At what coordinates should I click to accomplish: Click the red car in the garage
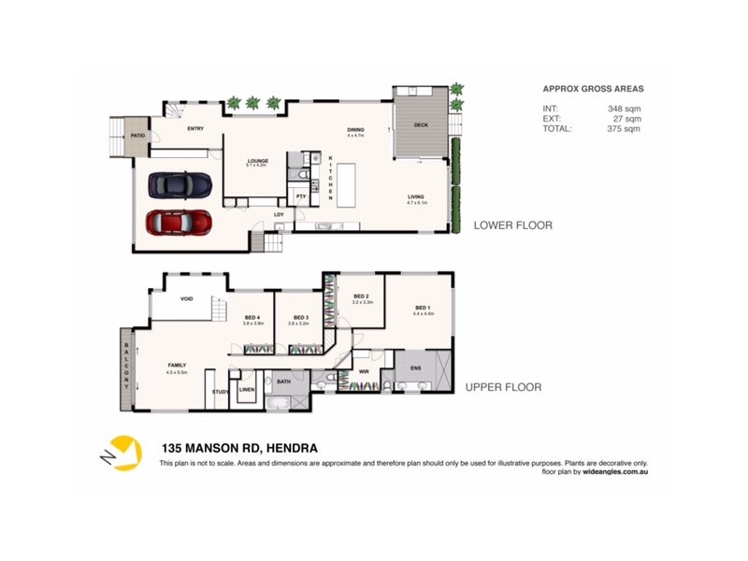pyautogui.click(x=180, y=223)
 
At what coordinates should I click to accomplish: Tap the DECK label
pyautogui.click(x=421, y=124)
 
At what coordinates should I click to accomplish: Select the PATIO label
pyautogui.click(x=137, y=136)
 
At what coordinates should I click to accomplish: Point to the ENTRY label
pyautogui.click(x=195, y=129)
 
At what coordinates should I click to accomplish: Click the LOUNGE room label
pyautogui.click(x=257, y=161)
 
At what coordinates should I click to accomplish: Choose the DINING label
pyautogui.click(x=354, y=130)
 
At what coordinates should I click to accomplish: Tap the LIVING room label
pyautogui.click(x=415, y=196)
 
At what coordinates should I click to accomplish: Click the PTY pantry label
pyautogui.click(x=301, y=197)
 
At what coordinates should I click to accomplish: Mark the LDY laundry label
pyautogui.click(x=279, y=215)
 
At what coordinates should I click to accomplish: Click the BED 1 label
pyautogui.click(x=422, y=308)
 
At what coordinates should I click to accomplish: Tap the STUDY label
pyautogui.click(x=221, y=393)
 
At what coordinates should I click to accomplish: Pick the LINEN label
pyautogui.click(x=247, y=389)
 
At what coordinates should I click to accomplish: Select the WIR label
pyautogui.click(x=364, y=372)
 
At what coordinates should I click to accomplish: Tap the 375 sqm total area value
pyautogui.click(x=624, y=127)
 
